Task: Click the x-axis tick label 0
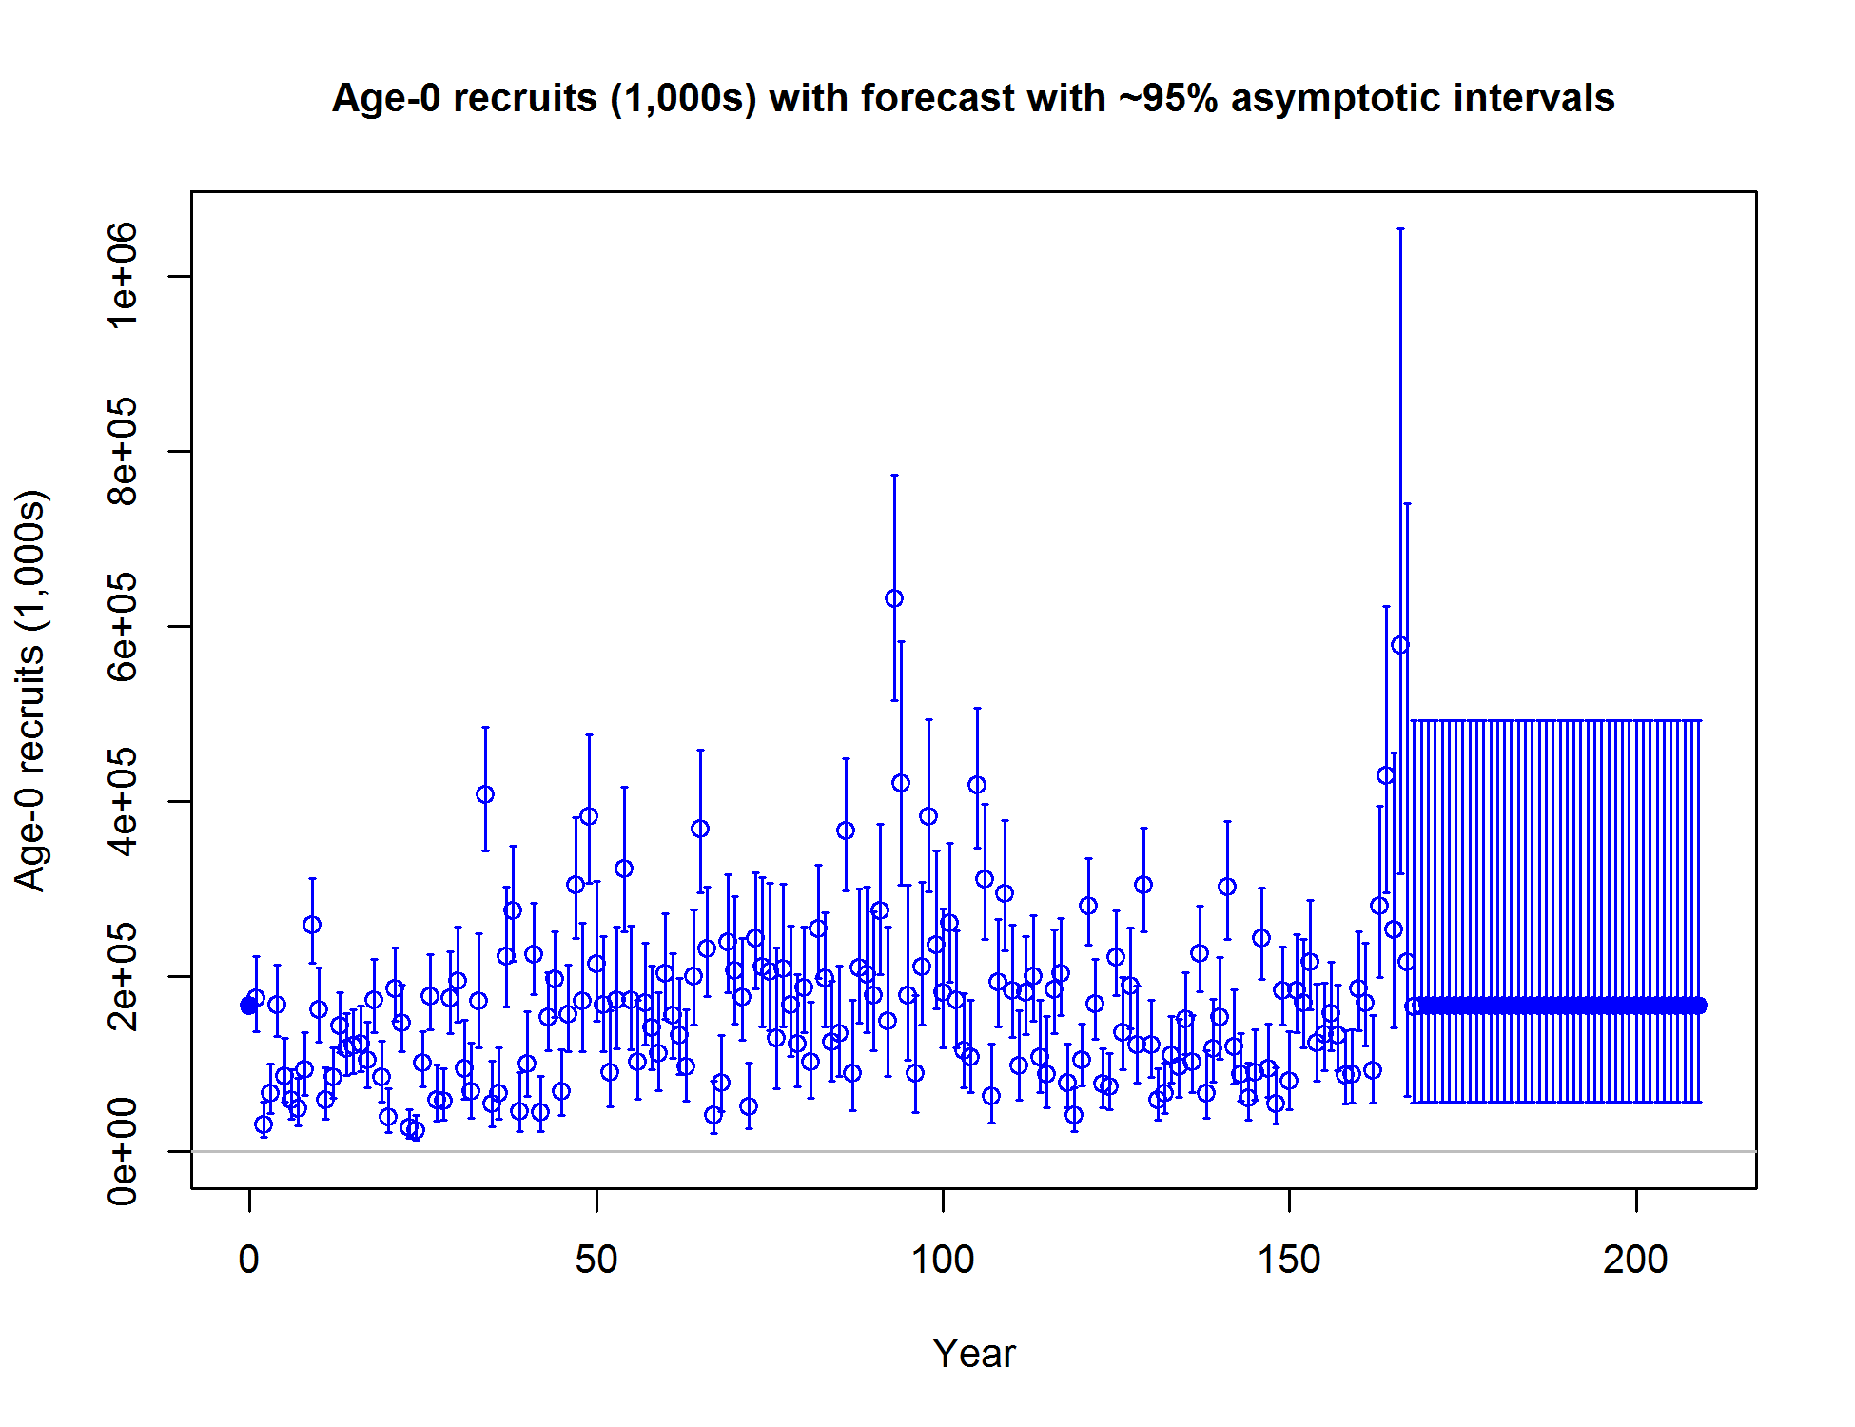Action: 249,1260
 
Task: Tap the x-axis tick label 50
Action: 596,1260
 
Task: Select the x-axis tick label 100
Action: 943,1260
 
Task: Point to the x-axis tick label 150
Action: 1289,1260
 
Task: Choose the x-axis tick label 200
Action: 1635,1260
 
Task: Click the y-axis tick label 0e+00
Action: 123,1151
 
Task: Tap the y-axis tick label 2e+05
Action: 123,976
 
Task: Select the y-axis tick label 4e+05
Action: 123,801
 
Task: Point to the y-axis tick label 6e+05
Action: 123,626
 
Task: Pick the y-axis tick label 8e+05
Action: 123,451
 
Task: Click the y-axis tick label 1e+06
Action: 123,276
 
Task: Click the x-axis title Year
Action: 974,1354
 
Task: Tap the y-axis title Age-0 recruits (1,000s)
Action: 30,691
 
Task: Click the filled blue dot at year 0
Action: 249,1006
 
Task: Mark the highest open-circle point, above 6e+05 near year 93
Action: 894,598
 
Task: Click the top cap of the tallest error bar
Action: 1400,229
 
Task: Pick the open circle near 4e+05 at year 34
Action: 485,794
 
